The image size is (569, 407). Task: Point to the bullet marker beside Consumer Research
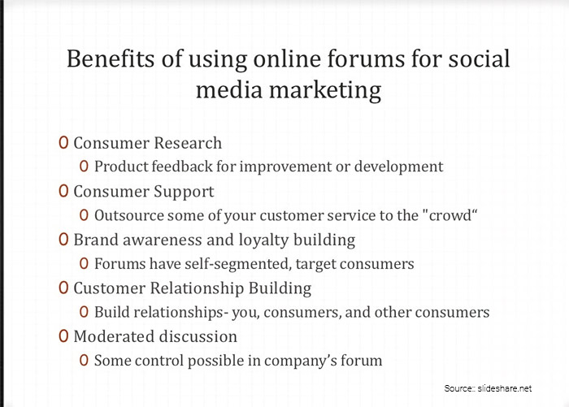pyautogui.click(x=63, y=143)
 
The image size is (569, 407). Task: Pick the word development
pyautogui.click(x=401, y=167)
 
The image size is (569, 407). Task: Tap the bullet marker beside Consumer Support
pyautogui.click(x=63, y=192)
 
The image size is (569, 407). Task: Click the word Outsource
pyautogui.click(x=128, y=215)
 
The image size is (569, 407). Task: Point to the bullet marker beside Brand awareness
pyautogui.click(x=63, y=240)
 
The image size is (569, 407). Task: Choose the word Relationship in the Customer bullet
pyautogui.click(x=196, y=288)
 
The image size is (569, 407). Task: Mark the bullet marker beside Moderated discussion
pyautogui.click(x=63, y=336)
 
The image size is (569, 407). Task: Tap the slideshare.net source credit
pyautogui.click(x=505, y=388)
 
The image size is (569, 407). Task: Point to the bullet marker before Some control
pyautogui.click(x=85, y=360)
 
